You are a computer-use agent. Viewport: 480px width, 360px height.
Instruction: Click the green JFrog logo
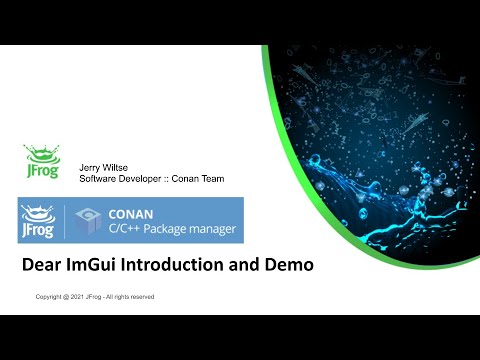tap(39, 163)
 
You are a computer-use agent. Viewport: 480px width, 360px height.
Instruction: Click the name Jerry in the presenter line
tap(89, 168)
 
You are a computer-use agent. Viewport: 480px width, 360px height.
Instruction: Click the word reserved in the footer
tap(140, 298)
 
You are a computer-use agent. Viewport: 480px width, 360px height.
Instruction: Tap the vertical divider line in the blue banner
tap(66, 220)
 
